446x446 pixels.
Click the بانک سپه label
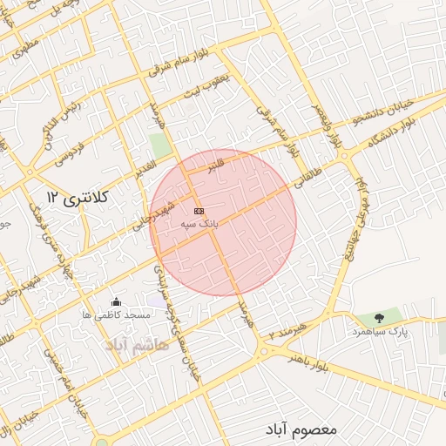pyautogui.click(x=199, y=224)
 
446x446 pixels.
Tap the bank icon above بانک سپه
pyautogui.click(x=199, y=212)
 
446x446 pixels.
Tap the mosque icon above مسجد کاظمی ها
pyautogui.click(x=117, y=301)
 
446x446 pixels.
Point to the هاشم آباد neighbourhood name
pyautogui.click(x=136, y=346)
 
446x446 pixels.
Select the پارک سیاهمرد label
pyautogui.click(x=379, y=332)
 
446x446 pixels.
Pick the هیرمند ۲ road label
pyautogui.click(x=288, y=328)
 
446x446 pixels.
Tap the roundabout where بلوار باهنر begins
pyautogui.click(x=263, y=353)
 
